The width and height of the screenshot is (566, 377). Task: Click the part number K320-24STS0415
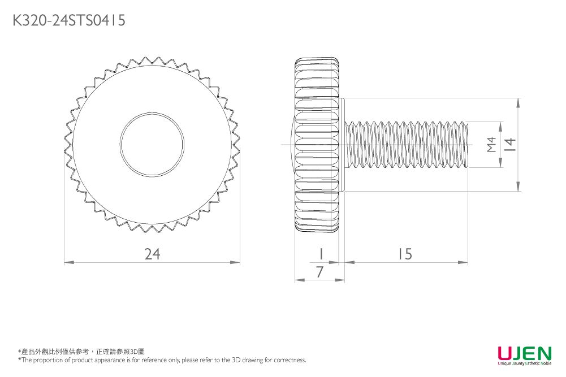(68, 20)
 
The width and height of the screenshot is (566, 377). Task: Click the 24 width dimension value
(152, 255)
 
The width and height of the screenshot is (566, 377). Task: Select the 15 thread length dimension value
(404, 255)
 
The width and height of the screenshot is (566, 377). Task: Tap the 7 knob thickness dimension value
(320, 272)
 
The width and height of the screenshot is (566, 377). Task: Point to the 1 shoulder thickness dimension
(321, 254)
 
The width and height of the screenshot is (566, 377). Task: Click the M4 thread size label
(491, 145)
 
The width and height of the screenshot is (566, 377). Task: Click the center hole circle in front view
(152, 144)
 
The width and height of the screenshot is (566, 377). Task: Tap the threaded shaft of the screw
(407, 145)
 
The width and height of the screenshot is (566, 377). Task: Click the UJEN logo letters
(524, 353)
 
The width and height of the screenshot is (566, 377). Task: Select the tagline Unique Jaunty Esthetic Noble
(524, 364)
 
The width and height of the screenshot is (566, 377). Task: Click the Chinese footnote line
(81, 352)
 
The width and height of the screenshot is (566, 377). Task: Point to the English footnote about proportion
(162, 360)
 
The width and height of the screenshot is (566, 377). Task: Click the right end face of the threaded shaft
(468, 145)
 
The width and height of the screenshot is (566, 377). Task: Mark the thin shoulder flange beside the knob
(342, 145)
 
